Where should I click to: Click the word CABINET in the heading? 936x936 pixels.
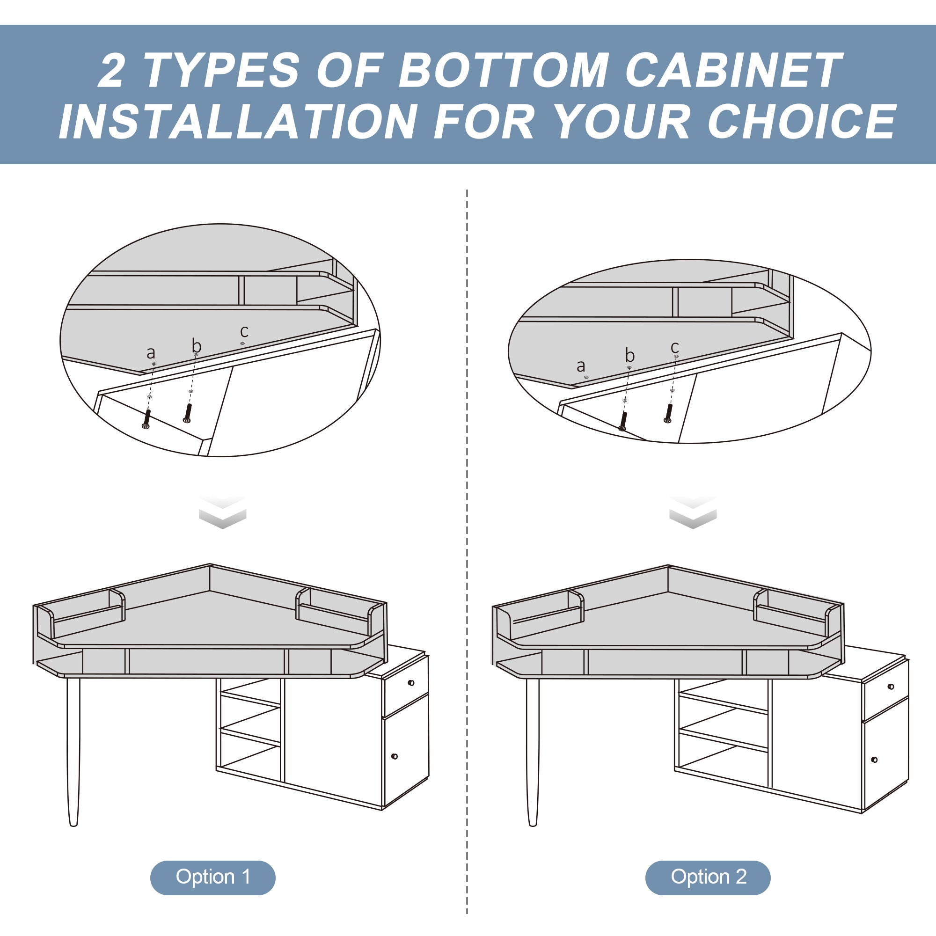[x=733, y=70]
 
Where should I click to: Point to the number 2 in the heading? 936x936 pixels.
[x=112, y=70]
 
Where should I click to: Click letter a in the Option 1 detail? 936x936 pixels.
[x=151, y=353]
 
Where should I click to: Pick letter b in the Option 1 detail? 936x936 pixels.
[x=196, y=345]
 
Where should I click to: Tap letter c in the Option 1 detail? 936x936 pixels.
[x=244, y=331]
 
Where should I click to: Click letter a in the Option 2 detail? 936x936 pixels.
[x=581, y=366]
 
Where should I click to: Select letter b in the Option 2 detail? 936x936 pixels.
[x=630, y=356]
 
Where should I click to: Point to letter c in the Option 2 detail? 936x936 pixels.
[x=675, y=347]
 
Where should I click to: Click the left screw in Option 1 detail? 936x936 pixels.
[x=147, y=419]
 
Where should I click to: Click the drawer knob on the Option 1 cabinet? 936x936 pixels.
[x=411, y=683]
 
